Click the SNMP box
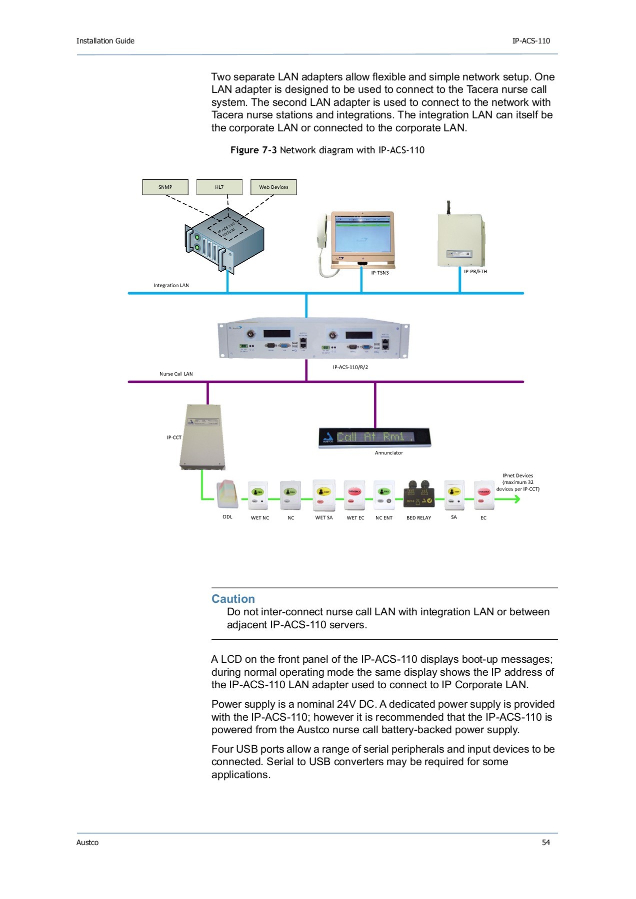(165, 187)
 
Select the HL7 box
(219, 187)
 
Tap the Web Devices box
(273, 187)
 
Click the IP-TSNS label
(379, 273)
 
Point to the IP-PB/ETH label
(475, 272)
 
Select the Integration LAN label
(171, 286)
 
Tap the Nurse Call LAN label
(176, 374)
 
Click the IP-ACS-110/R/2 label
(350, 367)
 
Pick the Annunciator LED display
(374, 438)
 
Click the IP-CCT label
(174, 438)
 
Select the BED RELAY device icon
(419, 494)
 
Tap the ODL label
(227, 517)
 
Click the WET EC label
(355, 518)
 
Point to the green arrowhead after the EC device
(516, 498)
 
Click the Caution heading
(233, 599)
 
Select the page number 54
(546, 843)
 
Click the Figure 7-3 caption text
(327, 150)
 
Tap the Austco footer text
(87, 843)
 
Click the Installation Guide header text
(105, 41)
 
